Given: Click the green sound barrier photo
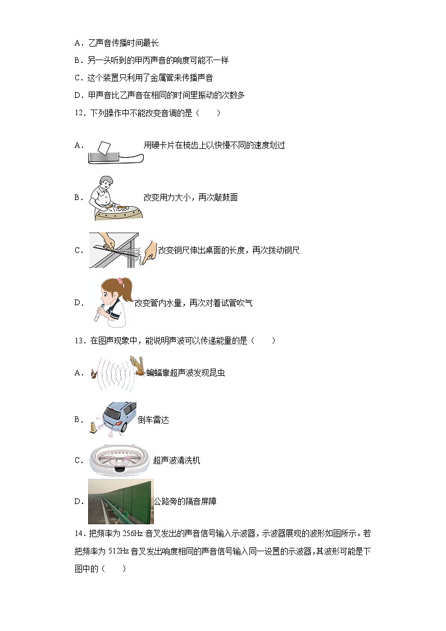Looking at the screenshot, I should coord(120,501).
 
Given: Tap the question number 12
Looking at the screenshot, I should coord(79,113).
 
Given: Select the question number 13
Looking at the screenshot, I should coord(79,340).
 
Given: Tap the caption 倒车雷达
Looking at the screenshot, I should coord(153,420).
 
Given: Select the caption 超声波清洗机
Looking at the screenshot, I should coord(176,461).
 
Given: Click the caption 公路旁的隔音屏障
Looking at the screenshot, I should coord(185,501).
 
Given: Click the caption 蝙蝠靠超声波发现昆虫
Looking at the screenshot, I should coord(186,373).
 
